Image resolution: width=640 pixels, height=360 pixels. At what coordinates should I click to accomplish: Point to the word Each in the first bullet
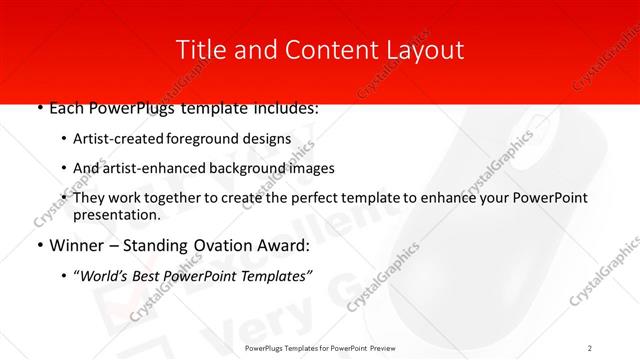click(x=67, y=108)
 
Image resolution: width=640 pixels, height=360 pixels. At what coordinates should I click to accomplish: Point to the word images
click(x=313, y=168)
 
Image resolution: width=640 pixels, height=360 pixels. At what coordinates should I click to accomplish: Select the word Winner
click(x=78, y=244)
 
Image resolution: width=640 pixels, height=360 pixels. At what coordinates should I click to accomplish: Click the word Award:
click(x=286, y=244)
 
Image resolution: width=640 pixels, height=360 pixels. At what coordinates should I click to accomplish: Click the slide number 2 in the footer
click(x=590, y=347)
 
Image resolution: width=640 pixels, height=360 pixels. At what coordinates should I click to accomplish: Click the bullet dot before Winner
click(x=38, y=245)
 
